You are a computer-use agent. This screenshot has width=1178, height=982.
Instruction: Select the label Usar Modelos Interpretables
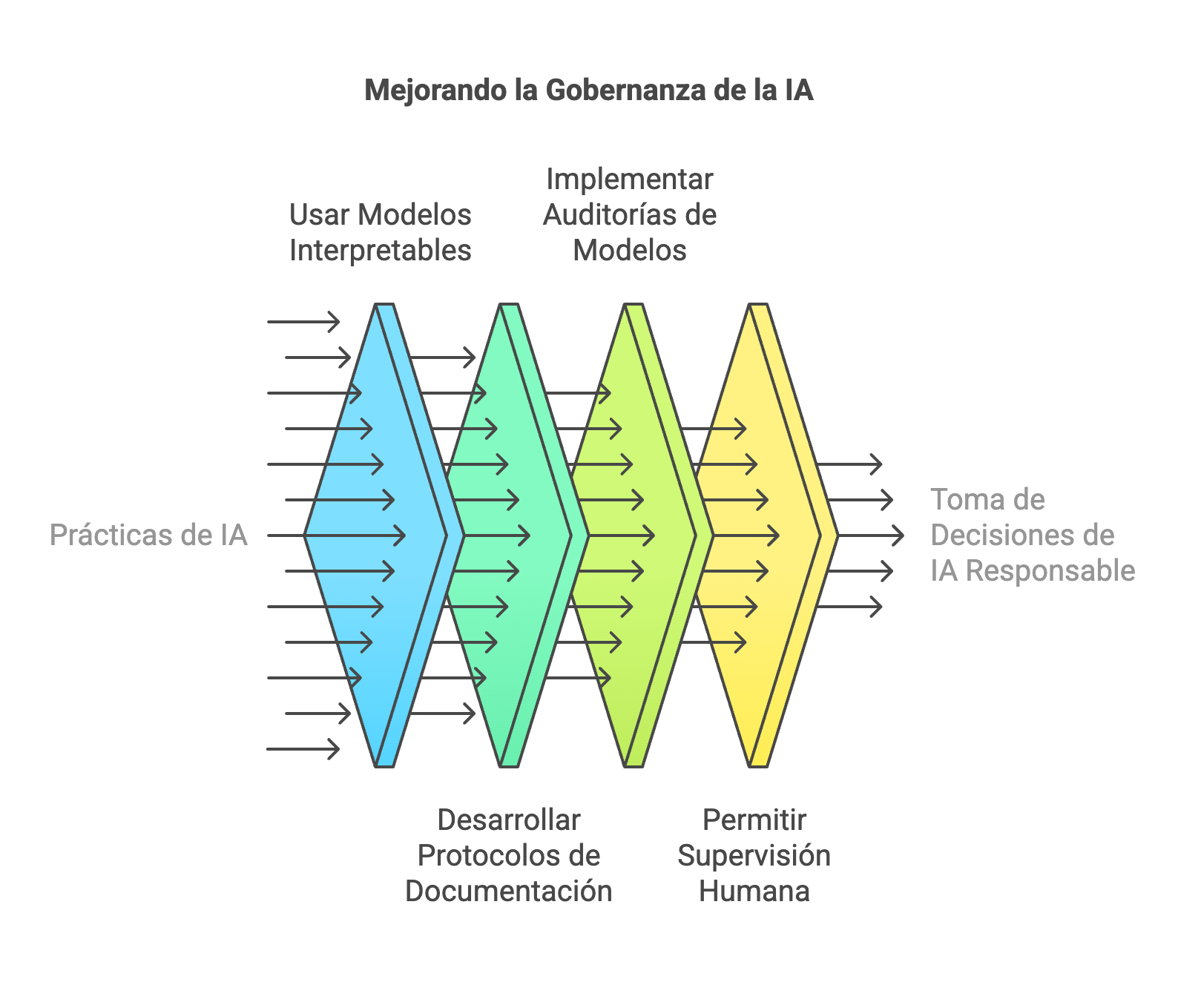pyautogui.click(x=380, y=232)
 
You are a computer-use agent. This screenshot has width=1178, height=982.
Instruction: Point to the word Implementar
pyautogui.click(x=629, y=179)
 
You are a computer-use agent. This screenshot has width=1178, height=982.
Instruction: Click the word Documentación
pyautogui.click(x=509, y=892)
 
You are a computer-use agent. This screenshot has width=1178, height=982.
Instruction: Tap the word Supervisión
pyautogui.click(x=754, y=856)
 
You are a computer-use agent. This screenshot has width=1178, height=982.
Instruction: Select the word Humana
pyautogui.click(x=754, y=892)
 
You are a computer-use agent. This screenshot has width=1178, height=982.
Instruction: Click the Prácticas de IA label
pyautogui.click(x=148, y=536)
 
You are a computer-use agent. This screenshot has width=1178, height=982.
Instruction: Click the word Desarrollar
pyautogui.click(x=509, y=820)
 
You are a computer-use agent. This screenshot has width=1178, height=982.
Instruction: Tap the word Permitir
pyautogui.click(x=754, y=820)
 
